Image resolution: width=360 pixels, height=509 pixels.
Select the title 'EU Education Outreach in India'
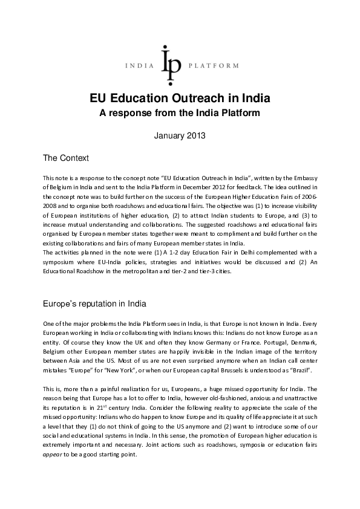pyautogui.click(x=180, y=99)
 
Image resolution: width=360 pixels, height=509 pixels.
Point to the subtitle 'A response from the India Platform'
pyautogui.click(x=180, y=112)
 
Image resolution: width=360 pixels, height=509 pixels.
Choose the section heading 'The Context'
pyautogui.click(x=66, y=158)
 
